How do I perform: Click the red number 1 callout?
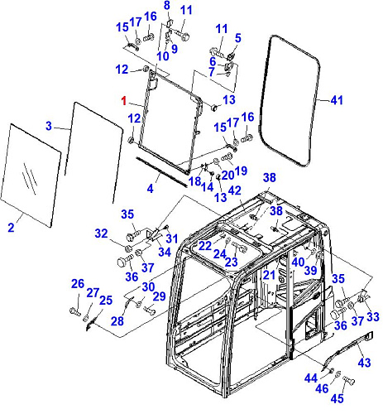point(124,101)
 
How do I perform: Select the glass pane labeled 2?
point(31,176)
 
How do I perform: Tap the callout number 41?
point(337,100)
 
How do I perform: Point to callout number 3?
point(49,126)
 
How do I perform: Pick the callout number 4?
point(150,189)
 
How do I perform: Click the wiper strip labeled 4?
point(161,171)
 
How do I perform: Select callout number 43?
point(364,362)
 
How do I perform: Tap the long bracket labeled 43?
point(348,349)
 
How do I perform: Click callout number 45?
point(337,398)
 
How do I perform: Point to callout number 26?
point(78,283)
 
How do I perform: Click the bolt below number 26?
point(74,311)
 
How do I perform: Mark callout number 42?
point(235,190)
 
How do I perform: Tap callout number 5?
point(237,38)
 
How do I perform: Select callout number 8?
point(167,5)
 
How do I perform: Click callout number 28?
point(117,321)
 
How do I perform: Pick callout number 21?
point(269,275)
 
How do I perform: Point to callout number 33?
point(373,316)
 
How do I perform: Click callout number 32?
point(101,233)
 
